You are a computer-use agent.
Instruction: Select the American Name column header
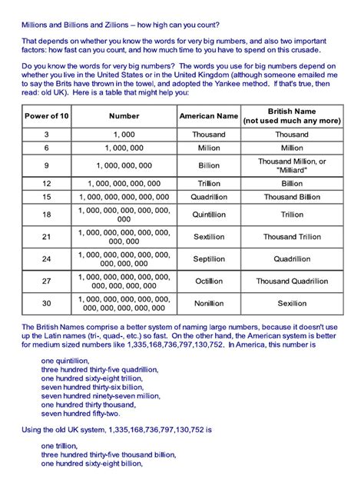coord(209,116)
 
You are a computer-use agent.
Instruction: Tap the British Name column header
coord(292,116)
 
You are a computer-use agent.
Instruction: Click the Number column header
coord(124,116)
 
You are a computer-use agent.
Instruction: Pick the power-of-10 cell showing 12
coord(46,184)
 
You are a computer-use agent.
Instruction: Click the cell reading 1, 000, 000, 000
coord(124,165)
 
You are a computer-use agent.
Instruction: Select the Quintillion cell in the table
coord(209,215)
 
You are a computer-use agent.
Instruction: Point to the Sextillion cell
coord(209,237)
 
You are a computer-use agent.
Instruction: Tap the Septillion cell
coord(209,259)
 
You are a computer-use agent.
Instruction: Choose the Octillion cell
coord(209,281)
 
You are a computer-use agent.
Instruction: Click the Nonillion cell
coord(209,304)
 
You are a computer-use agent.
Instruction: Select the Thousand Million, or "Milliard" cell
coord(292,165)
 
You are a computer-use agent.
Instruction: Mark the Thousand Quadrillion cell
coord(292,281)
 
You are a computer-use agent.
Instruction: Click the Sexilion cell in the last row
coord(292,304)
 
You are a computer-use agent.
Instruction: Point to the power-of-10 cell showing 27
coord(46,281)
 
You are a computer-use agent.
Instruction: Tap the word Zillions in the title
coord(115,24)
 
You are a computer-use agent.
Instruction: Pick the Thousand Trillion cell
coord(292,237)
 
